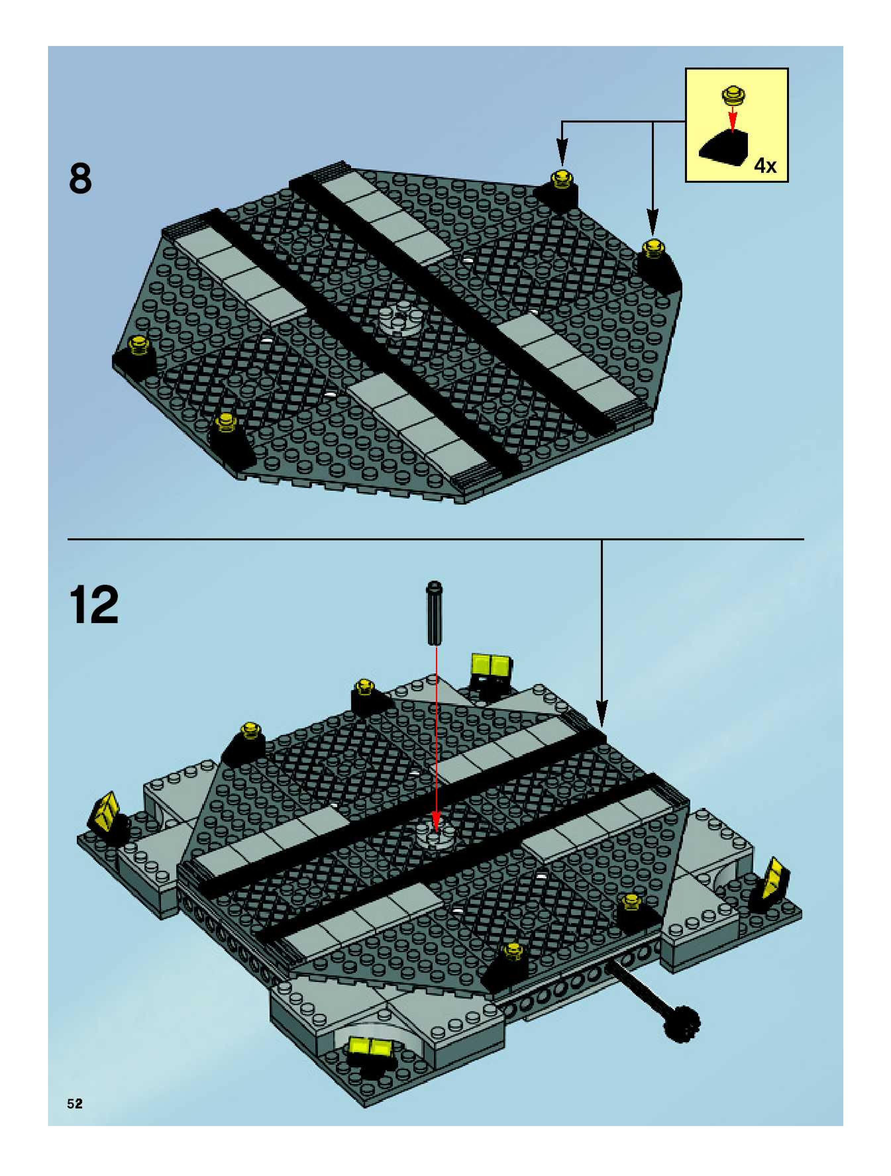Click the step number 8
click(x=80, y=179)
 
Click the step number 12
click(x=94, y=605)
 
